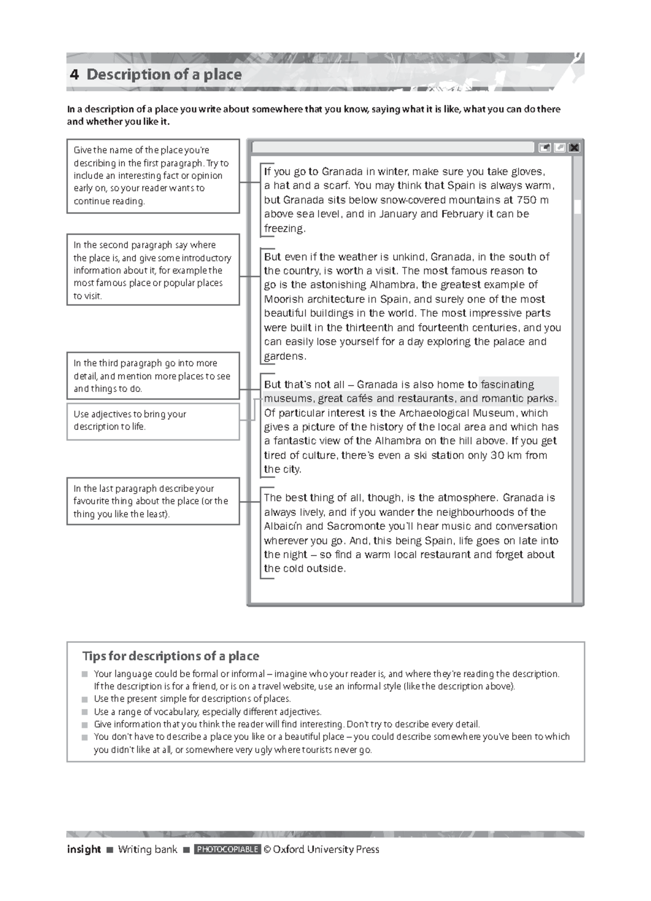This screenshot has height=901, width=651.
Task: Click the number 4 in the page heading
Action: [x=74, y=74]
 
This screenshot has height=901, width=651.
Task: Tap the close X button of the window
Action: [x=574, y=148]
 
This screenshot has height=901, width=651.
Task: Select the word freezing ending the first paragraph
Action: [x=284, y=228]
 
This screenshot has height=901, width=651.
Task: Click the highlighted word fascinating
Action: [x=507, y=385]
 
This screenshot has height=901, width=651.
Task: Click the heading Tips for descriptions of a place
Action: [x=170, y=656]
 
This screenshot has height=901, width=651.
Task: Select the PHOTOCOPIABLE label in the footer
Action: [x=227, y=849]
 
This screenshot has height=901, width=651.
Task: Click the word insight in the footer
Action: [x=84, y=849]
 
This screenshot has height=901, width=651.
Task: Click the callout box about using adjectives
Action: [x=153, y=421]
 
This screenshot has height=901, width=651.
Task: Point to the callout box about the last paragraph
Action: [x=153, y=501]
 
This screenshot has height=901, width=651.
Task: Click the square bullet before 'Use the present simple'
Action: [x=85, y=699]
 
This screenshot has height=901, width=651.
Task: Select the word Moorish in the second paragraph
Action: [x=284, y=299]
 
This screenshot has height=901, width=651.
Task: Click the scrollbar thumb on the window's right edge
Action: [x=578, y=207]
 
